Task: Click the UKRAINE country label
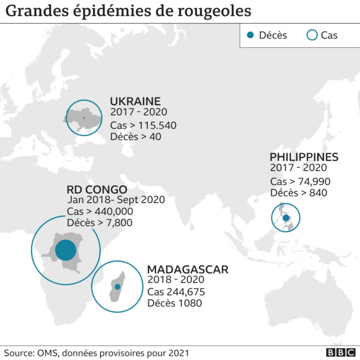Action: coord(135,101)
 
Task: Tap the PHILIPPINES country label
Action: coord(304,157)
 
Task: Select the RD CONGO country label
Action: coord(97,190)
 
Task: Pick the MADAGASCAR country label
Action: coord(187,269)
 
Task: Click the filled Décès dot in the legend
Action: coord(250,35)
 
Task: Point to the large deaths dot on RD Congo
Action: coord(65,250)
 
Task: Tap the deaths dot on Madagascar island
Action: coord(118,287)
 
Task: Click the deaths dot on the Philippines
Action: coord(286,218)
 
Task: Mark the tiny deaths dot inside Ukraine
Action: coord(84,118)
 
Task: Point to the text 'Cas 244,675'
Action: coord(176,292)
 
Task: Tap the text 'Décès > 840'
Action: coord(299,193)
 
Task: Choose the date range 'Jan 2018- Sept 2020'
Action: coord(116,200)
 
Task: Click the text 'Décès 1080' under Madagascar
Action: coord(174,304)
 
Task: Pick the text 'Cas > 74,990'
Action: coord(300,181)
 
